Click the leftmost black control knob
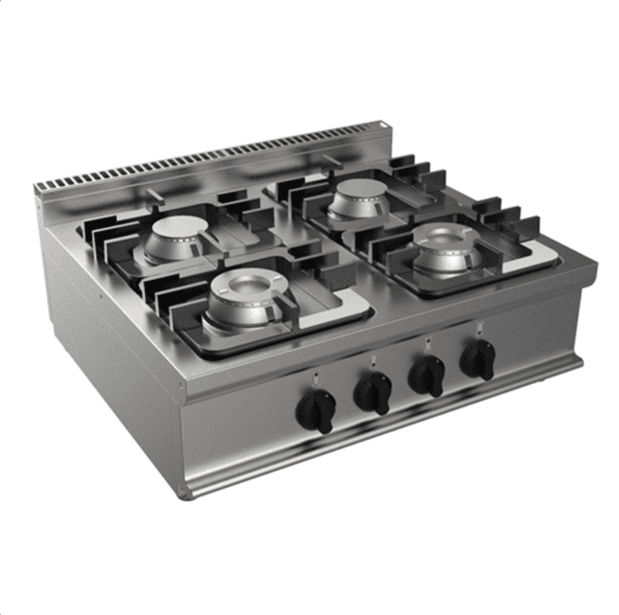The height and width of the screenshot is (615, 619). (316, 410)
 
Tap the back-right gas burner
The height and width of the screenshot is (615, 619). (358, 197)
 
